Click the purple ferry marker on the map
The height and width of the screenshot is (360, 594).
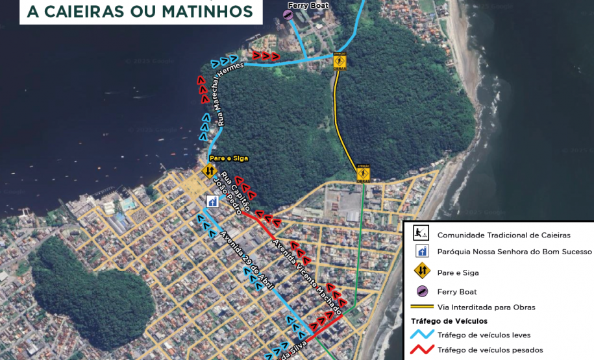(x=288, y=15)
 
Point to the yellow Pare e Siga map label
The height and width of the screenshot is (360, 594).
(x=229, y=158)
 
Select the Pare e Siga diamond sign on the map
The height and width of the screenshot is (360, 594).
(x=208, y=171)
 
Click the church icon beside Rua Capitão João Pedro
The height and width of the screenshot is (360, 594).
(x=212, y=201)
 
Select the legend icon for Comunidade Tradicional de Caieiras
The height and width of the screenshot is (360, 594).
(x=421, y=234)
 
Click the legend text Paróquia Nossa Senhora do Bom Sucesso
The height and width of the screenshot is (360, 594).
(x=514, y=252)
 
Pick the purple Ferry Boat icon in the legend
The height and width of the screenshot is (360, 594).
(x=421, y=291)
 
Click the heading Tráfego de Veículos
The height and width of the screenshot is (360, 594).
(x=449, y=321)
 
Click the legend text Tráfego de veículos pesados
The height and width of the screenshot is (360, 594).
(x=490, y=350)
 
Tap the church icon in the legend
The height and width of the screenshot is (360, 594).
(x=421, y=252)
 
